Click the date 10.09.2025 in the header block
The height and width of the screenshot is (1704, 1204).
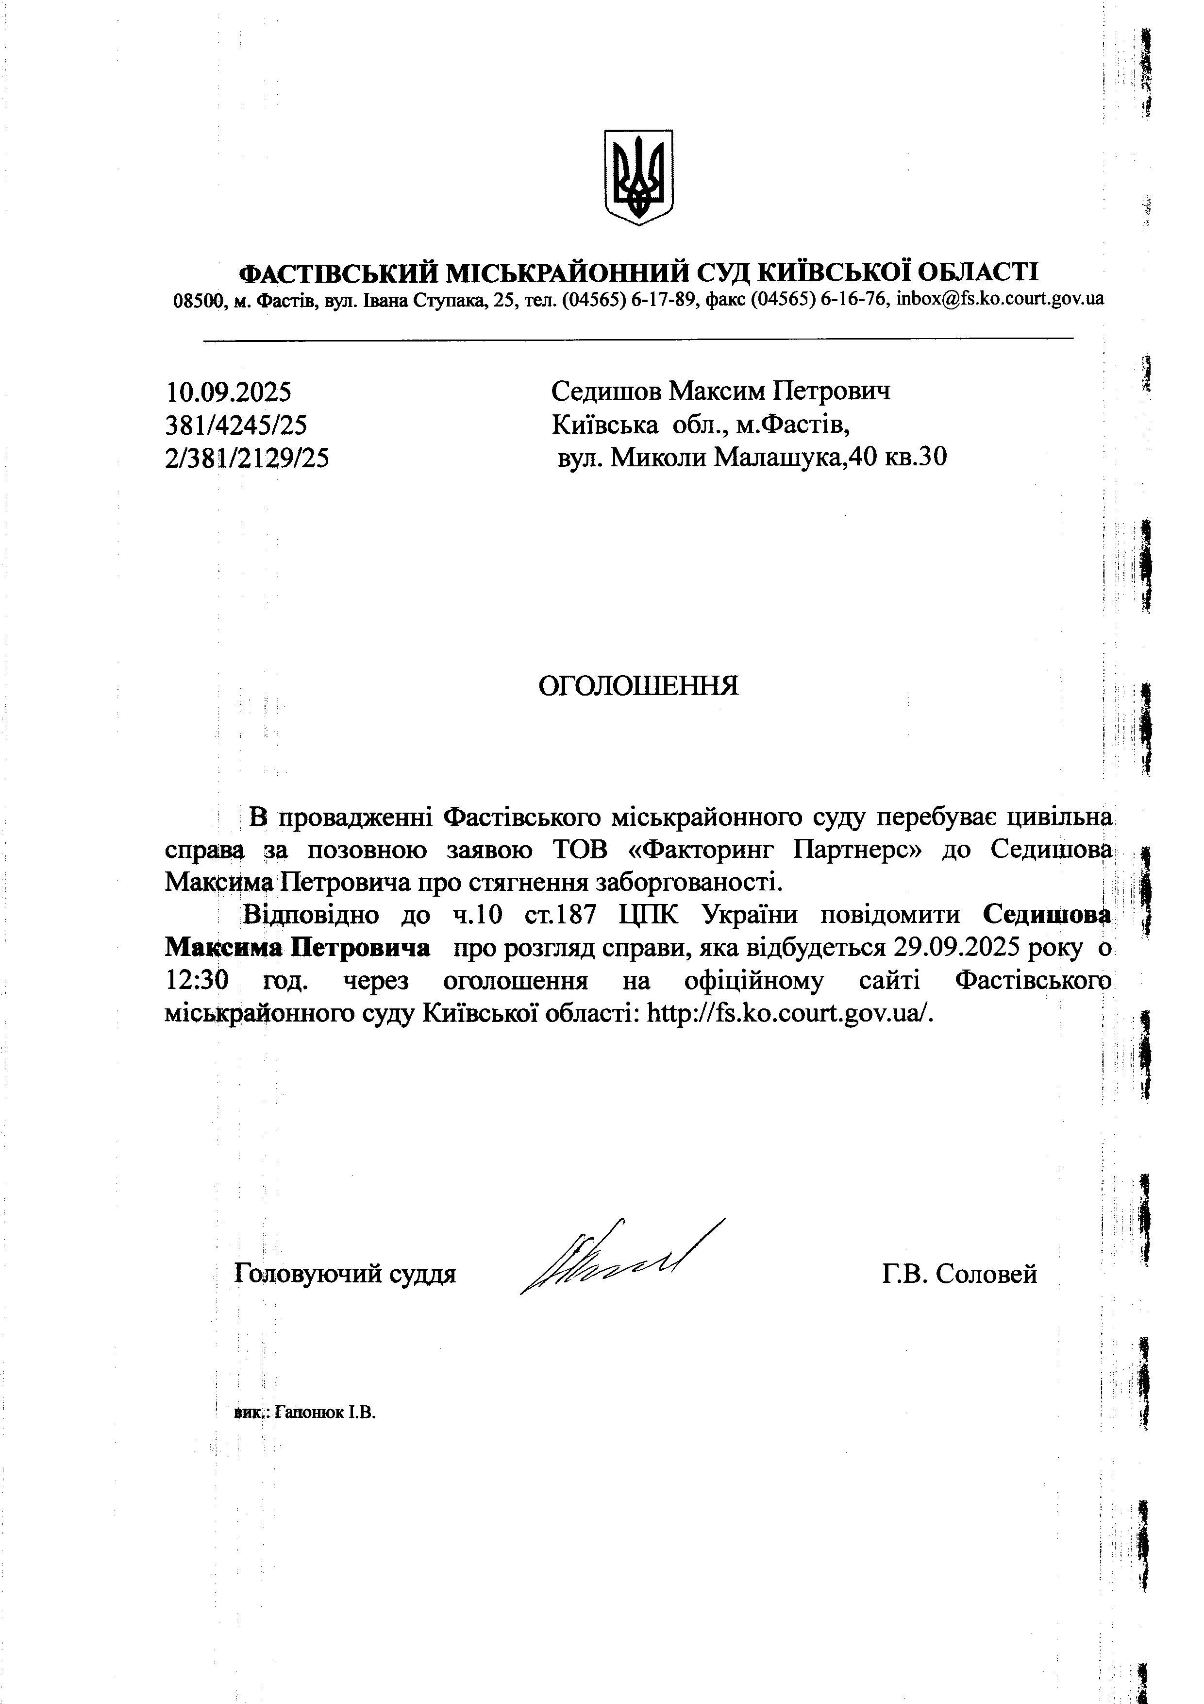(x=229, y=391)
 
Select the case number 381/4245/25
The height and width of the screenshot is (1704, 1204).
(x=236, y=425)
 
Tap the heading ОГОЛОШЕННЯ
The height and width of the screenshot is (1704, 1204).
(x=638, y=686)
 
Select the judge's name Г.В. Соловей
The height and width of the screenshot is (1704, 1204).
(x=959, y=1274)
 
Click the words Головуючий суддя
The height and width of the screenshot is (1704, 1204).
(x=345, y=1274)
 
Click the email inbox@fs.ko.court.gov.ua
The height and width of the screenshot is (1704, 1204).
(x=1000, y=299)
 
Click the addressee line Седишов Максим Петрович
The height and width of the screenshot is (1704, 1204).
(x=721, y=391)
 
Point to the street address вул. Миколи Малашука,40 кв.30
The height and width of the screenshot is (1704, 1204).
(x=752, y=458)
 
